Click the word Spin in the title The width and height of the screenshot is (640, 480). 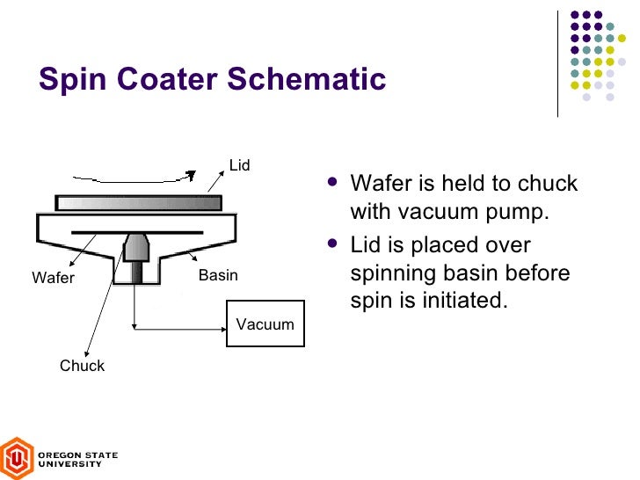pos(69,79)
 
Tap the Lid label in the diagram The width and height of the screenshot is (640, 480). pos(239,165)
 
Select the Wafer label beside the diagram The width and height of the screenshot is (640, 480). pos(54,279)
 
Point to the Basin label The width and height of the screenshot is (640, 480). pos(218,276)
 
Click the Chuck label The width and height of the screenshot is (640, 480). pos(82,366)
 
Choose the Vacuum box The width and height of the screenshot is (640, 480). pos(265,324)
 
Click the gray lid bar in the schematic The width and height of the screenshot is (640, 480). pos(138,203)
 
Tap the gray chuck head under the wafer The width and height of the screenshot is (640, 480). pos(136,247)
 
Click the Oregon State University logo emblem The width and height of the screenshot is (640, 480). pos(17,458)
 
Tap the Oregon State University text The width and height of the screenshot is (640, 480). pos(76,459)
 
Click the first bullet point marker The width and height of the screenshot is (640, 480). pos(331,183)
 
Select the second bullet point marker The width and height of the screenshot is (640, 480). pos(331,244)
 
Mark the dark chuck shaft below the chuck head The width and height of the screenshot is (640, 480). pos(136,273)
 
